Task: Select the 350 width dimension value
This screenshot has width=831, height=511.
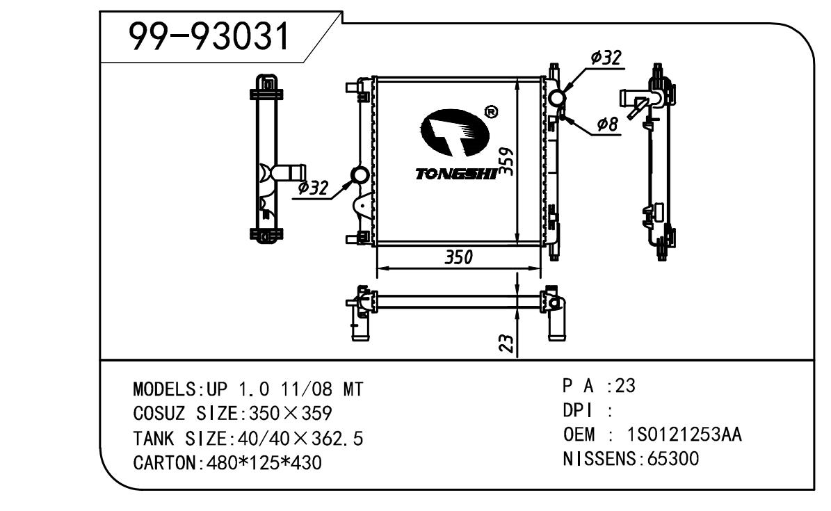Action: [458, 257]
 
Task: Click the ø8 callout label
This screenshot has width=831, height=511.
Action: [607, 124]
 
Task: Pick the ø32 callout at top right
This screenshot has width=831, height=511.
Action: [605, 59]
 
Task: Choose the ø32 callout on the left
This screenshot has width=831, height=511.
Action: [312, 187]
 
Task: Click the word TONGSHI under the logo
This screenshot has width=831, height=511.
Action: [456, 174]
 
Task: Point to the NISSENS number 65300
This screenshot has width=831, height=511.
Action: [672, 459]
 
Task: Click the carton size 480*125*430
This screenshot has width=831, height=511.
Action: [264, 462]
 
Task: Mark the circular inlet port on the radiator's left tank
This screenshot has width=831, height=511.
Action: [360, 176]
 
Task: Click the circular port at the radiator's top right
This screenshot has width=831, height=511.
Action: [557, 99]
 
